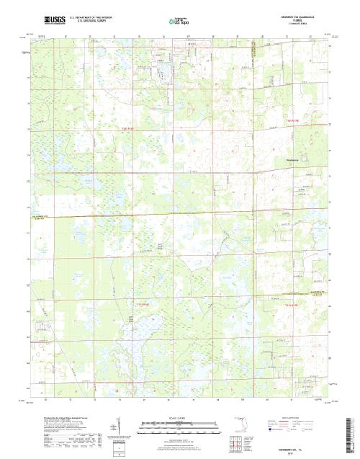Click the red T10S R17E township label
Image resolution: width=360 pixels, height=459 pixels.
pyautogui.click(x=291, y=120)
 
